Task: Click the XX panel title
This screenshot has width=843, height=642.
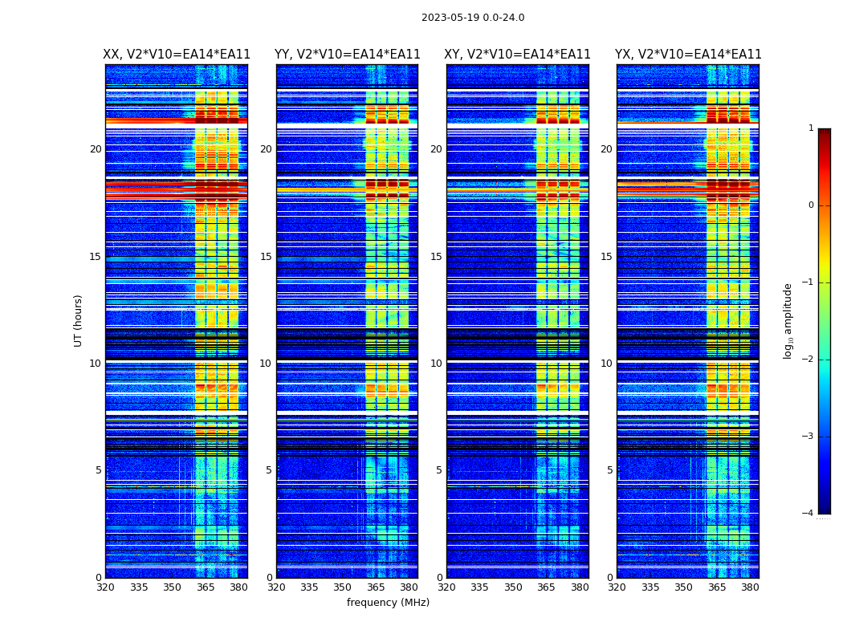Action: [177, 55]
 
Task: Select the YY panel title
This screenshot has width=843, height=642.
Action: [347, 55]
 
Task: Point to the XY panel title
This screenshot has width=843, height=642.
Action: [518, 55]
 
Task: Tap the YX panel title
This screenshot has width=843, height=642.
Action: [688, 55]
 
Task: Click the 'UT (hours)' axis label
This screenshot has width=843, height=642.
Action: [79, 320]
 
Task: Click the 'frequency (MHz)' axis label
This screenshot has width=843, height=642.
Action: [388, 603]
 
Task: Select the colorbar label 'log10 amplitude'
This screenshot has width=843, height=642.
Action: [788, 320]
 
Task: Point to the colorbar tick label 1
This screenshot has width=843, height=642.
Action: [810, 128]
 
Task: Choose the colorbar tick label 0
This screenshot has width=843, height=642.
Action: [810, 205]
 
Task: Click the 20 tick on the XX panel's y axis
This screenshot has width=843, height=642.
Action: [96, 149]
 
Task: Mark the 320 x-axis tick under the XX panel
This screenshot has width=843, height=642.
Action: [105, 587]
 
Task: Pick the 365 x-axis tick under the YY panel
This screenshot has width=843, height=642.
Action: [376, 587]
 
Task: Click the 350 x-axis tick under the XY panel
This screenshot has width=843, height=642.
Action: [513, 587]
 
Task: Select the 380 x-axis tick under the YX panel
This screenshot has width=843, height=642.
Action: [750, 587]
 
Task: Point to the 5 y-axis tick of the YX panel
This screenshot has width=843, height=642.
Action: [610, 470]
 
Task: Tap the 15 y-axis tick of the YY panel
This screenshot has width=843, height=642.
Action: [266, 257]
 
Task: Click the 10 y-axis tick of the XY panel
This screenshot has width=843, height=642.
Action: [436, 364]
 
